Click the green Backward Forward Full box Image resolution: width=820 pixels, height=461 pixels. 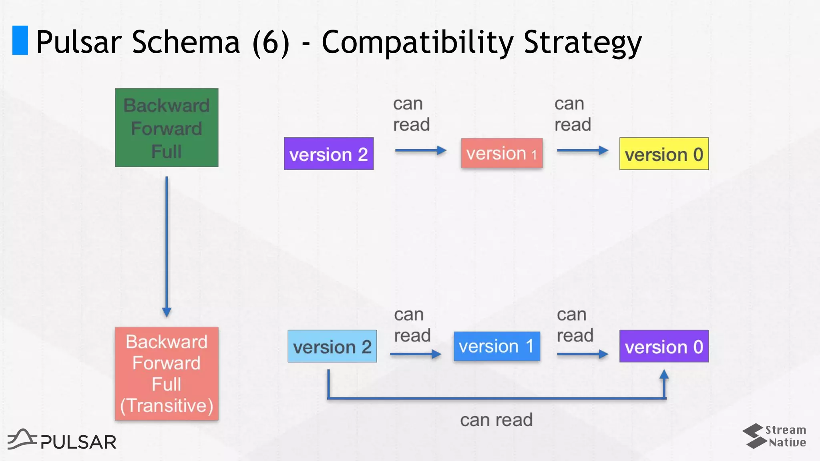coord(167,128)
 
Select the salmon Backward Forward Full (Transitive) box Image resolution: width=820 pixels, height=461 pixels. coord(167,373)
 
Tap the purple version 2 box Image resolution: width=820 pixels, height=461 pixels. coord(329,154)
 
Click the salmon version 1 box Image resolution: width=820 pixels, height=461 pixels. coord(502,153)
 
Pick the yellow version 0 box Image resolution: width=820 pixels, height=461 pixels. coord(664,154)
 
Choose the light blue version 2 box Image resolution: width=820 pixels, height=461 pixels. coord(332,346)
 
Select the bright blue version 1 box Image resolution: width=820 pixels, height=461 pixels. coord(496,346)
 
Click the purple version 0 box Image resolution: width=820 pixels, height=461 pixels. coord(664,346)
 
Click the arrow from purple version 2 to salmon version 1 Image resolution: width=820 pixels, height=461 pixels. coord(420,150)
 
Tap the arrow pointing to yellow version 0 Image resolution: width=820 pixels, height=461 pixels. coord(583,150)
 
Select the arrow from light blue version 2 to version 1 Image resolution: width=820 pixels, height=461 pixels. coord(415,354)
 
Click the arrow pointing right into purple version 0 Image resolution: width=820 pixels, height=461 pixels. coord(583,354)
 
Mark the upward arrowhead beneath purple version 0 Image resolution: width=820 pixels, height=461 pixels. coord(664,375)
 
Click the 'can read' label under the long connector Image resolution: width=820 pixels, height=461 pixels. coord(496,420)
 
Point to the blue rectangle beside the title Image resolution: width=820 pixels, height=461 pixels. coord(20,40)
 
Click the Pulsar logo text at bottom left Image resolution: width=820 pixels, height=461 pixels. coord(78,442)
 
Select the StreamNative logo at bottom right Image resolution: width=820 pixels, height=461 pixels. coord(774,436)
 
